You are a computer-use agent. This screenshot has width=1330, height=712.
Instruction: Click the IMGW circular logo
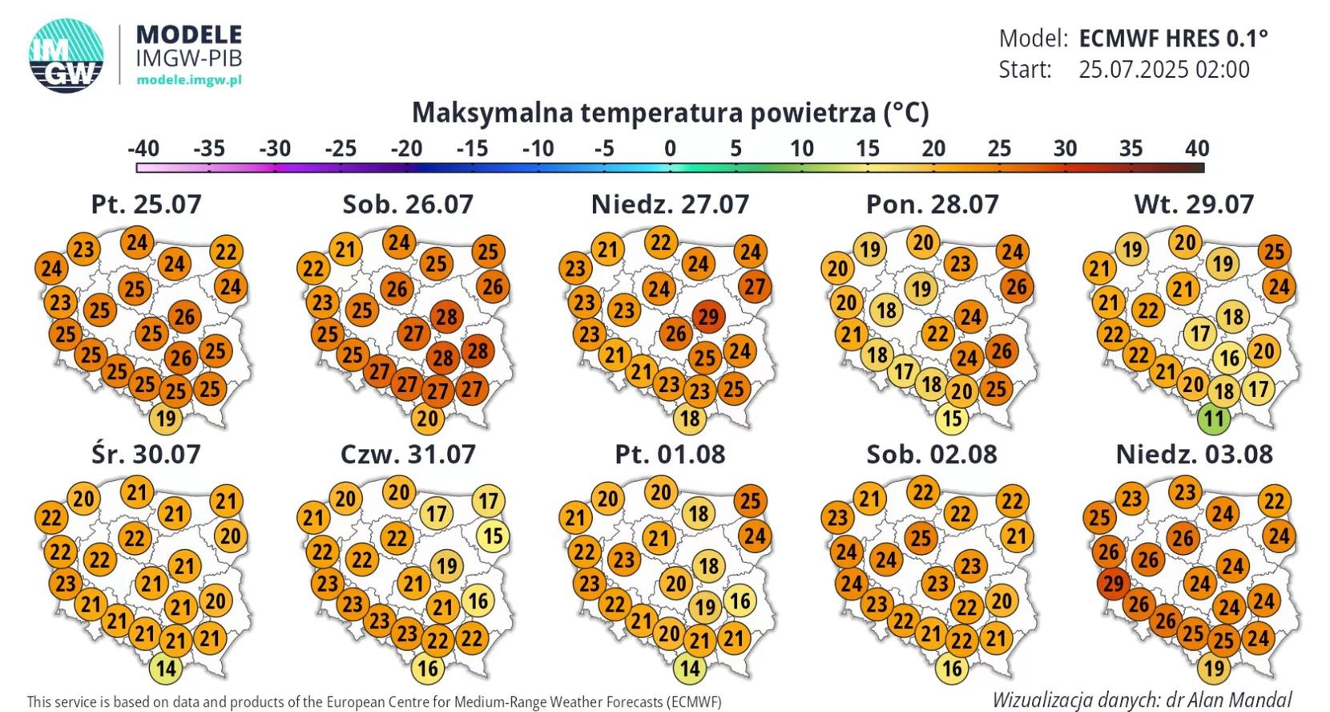pyautogui.click(x=66, y=55)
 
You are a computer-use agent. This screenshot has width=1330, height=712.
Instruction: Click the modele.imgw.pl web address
pyautogui.click(x=189, y=79)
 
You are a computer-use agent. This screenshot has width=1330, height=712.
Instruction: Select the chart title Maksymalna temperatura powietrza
pyautogui.click(x=670, y=112)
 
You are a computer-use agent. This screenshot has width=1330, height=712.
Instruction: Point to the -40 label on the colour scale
pyautogui.click(x=143, y=148)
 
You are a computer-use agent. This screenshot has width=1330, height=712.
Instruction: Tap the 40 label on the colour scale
pyautogui.click(x=1196, y=148)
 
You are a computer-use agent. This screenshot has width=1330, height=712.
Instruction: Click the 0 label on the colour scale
pyautogui.click(x=670, y=148)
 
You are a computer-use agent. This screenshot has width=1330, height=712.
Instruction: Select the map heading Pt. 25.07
pyautogui.click(x=146, y=204)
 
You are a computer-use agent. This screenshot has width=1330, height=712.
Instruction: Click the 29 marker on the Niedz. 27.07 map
pyautogui.click(x=708, y=317)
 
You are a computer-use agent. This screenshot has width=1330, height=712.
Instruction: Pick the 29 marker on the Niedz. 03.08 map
pyautogui.click(x=1113, y=583)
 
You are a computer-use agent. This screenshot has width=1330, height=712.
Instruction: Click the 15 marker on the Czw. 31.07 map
pyautogui.click(x=493, y=536)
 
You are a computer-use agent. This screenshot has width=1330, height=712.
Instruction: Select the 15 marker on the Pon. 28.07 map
pyautogui.click(x=951, y=419)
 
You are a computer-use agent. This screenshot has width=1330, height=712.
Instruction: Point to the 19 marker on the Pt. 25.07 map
pyautogui.click(x=166, y=419)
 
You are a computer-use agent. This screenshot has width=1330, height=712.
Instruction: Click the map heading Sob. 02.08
pyautogui.click(x=932, y=454)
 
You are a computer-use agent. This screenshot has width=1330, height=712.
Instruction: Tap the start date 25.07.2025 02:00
pyautogui.click(x=1163, y=70)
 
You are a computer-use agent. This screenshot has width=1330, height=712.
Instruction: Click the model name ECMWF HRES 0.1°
pyautogui.click(x=1173, y=38)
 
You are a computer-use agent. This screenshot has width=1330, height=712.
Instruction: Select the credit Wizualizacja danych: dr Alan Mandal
pyautogui.click(x=1142, y=699)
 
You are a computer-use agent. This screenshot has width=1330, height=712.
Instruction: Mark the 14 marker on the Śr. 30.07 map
pyautogui.click(x=166, y=668)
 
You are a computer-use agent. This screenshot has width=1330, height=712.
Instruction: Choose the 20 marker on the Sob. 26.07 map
pyautogui.click(x=428, y=419)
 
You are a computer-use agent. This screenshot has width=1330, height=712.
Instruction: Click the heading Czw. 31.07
pyautogui.click(x=408, y=454)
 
